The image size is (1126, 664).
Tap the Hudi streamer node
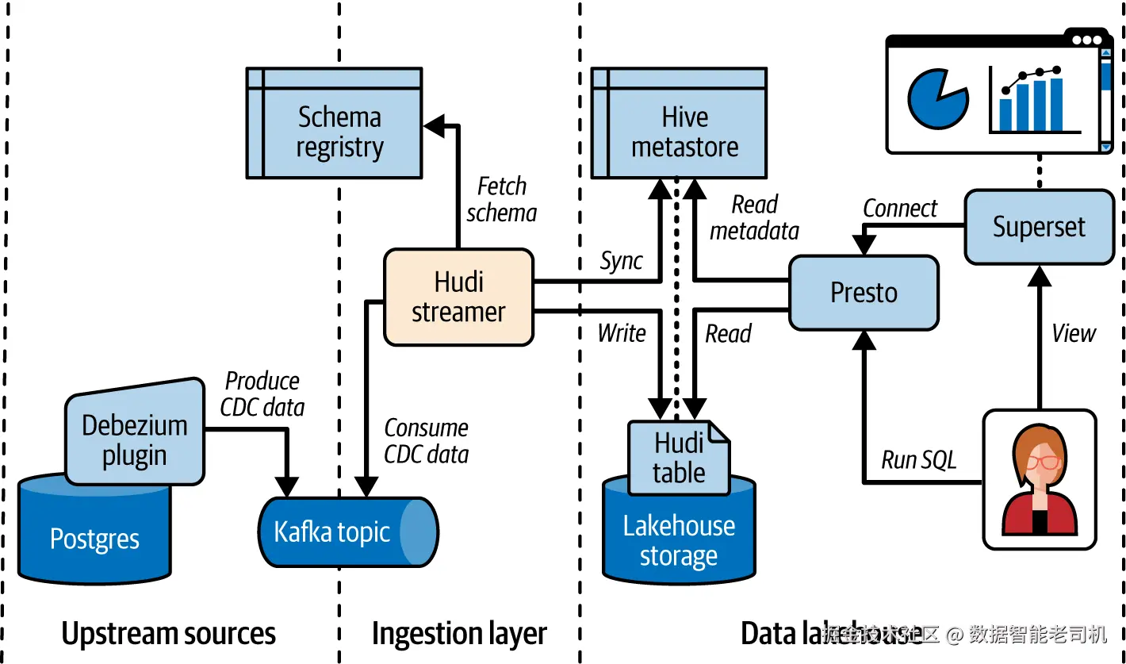458,297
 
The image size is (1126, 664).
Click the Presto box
864,293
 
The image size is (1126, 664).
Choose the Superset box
1039,227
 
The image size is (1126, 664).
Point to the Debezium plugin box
134,439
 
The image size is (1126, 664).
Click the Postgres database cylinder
94,539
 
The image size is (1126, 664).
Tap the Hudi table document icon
679,458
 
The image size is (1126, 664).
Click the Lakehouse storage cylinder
679,540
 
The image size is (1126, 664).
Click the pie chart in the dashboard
936,99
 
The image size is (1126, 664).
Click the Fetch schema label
501,199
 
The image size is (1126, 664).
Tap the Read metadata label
754,217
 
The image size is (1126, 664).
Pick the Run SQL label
918,460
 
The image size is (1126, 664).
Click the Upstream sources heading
168,634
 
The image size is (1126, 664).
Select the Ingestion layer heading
459,634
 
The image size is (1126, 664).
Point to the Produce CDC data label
262,393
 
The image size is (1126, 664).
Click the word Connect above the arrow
900,209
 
